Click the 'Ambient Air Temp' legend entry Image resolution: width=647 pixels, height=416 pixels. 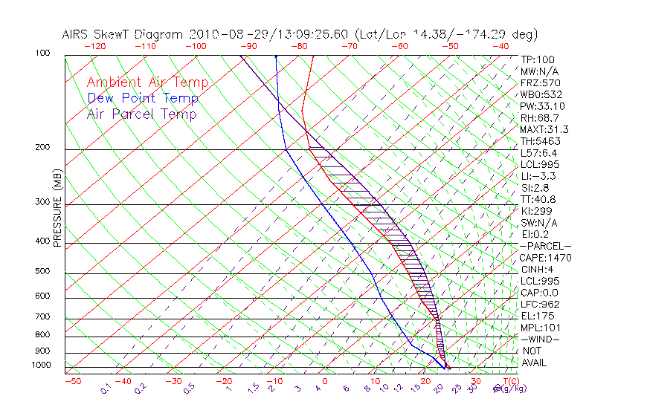[147, 82]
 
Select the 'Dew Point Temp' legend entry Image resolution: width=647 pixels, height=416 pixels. [143, 98]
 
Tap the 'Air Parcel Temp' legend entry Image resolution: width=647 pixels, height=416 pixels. [141, 114]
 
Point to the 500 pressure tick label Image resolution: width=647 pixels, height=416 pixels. [42, 272]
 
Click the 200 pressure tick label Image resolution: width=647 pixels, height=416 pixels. [42, 148]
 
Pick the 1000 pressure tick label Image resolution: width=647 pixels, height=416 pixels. [40, 365]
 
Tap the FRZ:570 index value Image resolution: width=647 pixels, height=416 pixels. [541, 82]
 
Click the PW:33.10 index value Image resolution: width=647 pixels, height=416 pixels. [543, 106]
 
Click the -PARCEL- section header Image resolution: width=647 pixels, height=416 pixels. [545, 246]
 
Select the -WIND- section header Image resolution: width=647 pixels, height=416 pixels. [540, 339]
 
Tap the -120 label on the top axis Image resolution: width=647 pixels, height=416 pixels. [95, 46]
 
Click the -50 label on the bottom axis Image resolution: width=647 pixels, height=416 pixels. [72, 382]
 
